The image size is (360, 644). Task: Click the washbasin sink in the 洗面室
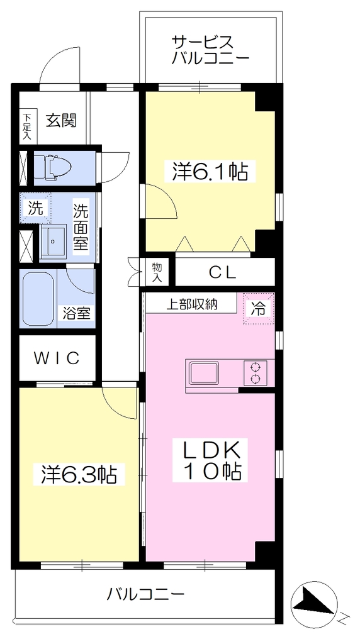coord(53,241)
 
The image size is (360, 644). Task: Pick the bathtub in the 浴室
coord(38,298)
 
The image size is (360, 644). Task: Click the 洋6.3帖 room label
coord(79,474)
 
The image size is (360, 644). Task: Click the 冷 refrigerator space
coord(258,308)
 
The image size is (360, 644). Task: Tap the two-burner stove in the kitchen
coord(255,373)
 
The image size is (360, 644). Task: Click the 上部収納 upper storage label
coord(191,304)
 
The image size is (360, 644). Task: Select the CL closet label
coord(223,272)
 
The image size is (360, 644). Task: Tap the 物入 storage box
coord(157,272)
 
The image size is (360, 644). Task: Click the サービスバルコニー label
coord(210,50)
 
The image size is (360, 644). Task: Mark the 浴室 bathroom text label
coord(76,313)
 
